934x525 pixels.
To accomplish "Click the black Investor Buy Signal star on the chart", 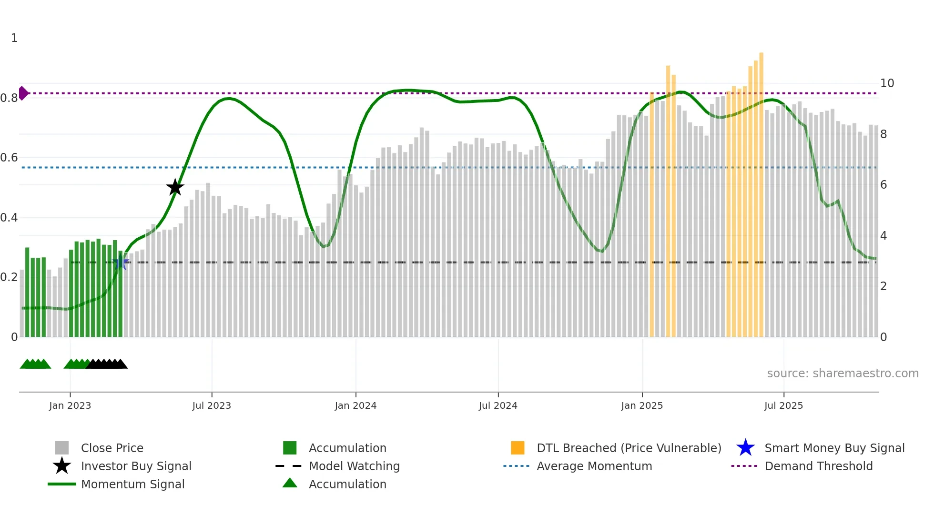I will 175,187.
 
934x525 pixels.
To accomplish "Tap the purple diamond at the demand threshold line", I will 23,93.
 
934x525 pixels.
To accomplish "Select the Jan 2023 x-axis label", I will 70,405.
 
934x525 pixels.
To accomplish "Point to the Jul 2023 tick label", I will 212,405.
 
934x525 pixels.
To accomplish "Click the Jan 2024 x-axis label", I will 355,405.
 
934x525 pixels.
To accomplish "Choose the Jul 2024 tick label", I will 498,405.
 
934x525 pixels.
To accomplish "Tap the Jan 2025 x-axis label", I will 642,405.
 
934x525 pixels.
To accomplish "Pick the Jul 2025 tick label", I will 783,405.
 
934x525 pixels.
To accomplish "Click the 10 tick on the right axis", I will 887,83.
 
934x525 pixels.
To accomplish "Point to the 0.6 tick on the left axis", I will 10,158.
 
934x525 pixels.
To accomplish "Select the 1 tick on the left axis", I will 14,38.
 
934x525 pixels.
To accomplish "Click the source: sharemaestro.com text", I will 843,374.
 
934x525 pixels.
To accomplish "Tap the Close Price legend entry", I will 112,448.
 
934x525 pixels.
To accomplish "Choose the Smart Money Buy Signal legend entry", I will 834,448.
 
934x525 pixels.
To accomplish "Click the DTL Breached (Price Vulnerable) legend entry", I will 629,448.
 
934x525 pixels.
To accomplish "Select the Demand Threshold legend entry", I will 818,466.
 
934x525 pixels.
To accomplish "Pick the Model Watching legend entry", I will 354,466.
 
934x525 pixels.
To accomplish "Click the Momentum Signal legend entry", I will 132,484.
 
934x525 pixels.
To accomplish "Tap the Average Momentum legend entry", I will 594,466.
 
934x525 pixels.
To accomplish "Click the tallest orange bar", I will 761,191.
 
